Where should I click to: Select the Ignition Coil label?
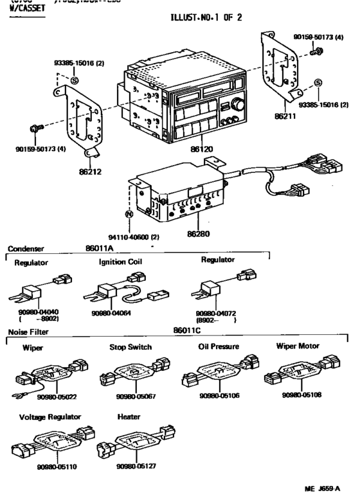click(120, 262)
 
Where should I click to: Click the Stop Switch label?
click(131, 347)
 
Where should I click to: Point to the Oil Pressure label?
click(219, 346)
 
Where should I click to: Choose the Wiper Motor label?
click(298, 346)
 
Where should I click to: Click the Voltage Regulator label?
click(50, 417)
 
